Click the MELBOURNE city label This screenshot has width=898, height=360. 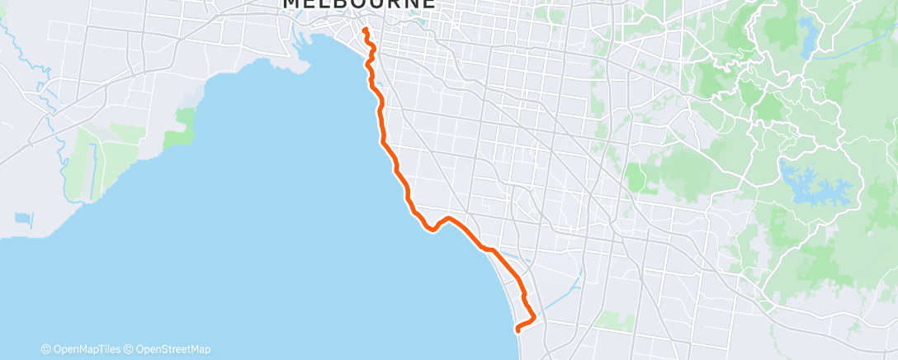(358, 4)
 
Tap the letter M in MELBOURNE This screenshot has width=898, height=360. (291, 4)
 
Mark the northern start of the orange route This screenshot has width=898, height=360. (365, 30)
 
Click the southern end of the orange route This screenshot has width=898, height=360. (518, 329)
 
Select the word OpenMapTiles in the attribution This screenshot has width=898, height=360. (87, 349)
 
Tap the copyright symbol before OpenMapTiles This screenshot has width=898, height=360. (46, 349)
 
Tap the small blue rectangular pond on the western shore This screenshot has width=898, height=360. (23, 219)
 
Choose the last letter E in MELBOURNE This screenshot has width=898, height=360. (428, 4)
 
